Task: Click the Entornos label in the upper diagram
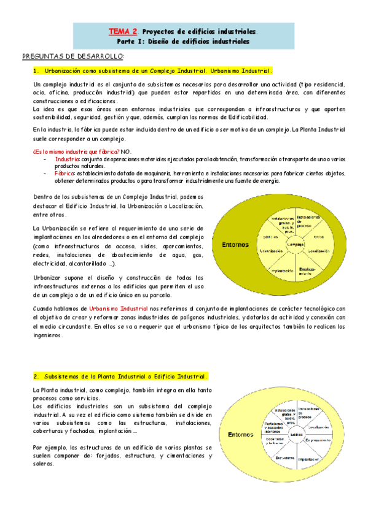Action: (x=235, y=244)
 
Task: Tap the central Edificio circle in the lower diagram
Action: (x=298, y=434)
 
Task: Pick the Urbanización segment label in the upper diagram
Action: (x=270, y=251)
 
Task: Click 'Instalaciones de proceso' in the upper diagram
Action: (x=310, y=220)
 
